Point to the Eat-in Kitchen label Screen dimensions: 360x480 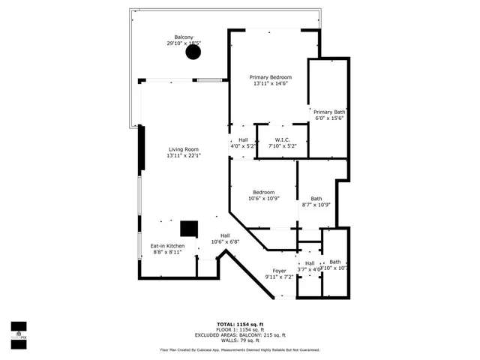pyautogui.click(x=167, y=246)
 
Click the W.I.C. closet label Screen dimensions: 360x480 pyautogui.click(x=282, y=139)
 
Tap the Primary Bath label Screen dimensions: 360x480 pyautogui.click(x=329, y=112)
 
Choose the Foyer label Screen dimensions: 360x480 pyautogui.click(x=279, y=271)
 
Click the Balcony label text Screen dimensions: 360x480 pyautogui.click(x=184, y=37)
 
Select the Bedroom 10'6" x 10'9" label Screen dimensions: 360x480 pyautogui.click(x=263, y=195)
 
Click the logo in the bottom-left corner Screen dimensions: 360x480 pyautogui.click(x=19, y=331)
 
